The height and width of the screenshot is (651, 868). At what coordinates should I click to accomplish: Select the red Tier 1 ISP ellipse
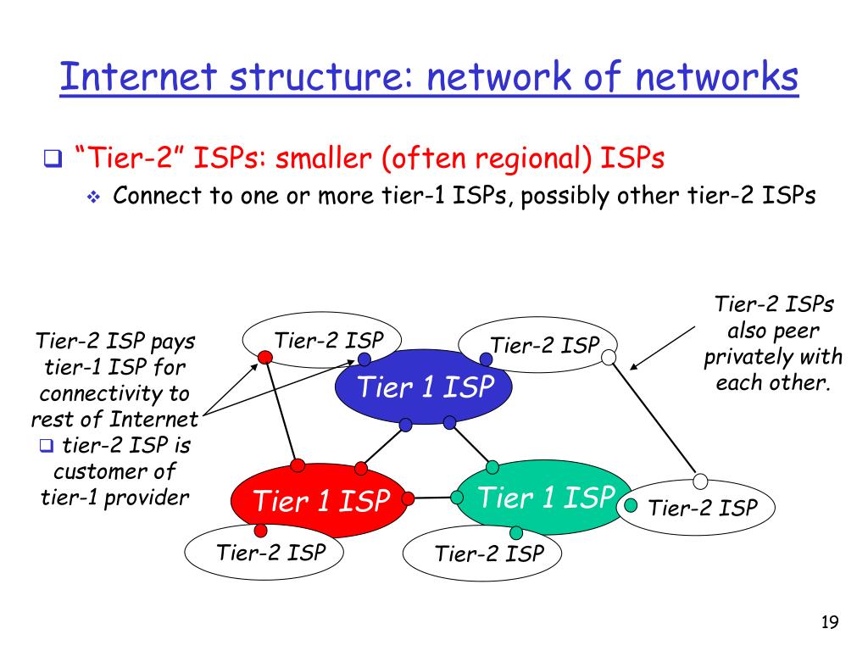[x=320, y=501]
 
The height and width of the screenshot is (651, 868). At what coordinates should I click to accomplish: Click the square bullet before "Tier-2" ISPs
[x=52, y=159]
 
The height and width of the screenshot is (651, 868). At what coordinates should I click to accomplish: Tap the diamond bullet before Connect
[x=93, y=198]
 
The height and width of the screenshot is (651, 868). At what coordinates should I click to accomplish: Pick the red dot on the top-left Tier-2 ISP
[x=264, y=357]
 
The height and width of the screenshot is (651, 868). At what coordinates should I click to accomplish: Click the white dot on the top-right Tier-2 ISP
[x=608, y=358]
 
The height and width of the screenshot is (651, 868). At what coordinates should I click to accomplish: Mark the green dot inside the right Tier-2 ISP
[x=631, y=506]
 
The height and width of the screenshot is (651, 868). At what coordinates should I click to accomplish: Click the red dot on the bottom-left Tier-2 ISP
[x=261, y=531]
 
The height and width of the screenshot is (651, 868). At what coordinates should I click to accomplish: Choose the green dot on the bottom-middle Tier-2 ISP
[x=516, y=533]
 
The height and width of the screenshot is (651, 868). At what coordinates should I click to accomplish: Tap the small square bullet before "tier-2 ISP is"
[x=46, y=445]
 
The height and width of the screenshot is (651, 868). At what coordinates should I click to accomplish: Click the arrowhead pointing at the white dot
[x=634, y=366]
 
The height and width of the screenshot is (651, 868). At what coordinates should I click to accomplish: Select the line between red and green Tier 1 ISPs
[x=432, y=498]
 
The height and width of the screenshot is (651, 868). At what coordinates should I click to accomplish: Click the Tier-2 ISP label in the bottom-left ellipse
[x=271, y=554]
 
